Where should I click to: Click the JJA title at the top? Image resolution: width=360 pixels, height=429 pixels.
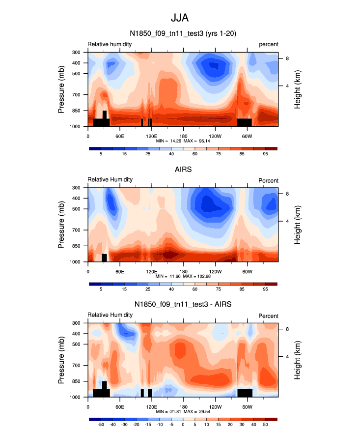(x=180, y=18)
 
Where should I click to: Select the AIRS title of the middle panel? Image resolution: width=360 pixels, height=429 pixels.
(x=183, y=170)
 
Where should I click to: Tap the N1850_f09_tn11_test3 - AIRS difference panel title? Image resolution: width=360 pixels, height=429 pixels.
(x=183, y=305)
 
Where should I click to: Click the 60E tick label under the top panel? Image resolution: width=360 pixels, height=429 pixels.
(x=119, y=136)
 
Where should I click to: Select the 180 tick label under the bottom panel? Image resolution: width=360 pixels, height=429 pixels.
(x=183, y=406)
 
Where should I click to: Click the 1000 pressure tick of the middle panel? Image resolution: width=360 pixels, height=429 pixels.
(x=75, y=262)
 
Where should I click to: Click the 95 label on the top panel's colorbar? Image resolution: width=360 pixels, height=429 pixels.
(x=265, y=154)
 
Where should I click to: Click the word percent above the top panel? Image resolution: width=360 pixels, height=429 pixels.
(x=269, y=44)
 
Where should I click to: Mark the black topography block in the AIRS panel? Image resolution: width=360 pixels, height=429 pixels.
(x=104, y=258)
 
